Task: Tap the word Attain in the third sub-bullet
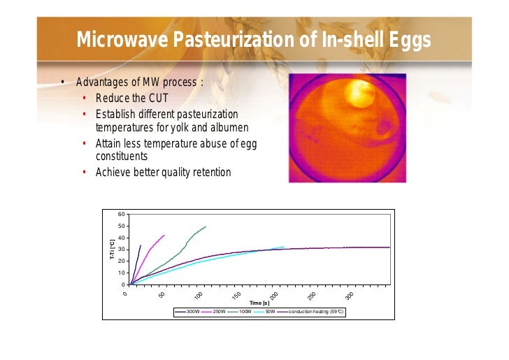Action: pyautogui.click(x=109, y=145)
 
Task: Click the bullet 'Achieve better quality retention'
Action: pyautogui.click(x=163, y=172)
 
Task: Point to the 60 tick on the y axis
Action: pyautogui.click(x=121, y=214)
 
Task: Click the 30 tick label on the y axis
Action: pyautogui.click(x=121, y=250)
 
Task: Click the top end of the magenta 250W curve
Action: pyautogui.click(x=164, y=235)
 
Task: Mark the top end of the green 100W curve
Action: pyautogui.click(x=206, y=226)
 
